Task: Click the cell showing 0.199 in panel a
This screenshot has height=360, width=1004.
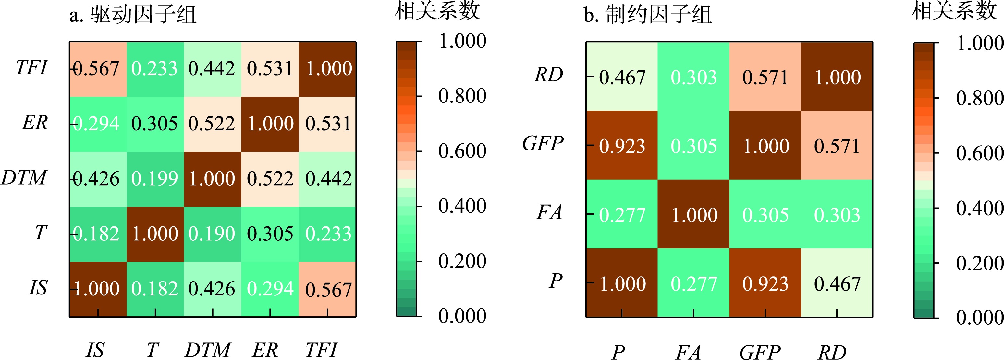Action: click(155, 179)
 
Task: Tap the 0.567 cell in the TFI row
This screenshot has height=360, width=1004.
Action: click(98, 69)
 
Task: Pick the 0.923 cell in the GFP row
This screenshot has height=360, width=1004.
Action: click(622, 146)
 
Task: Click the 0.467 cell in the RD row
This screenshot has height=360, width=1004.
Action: click(622, 77)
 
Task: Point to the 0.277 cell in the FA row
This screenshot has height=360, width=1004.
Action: click(622, 215)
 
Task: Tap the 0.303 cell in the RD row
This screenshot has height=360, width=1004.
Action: click(693, 77)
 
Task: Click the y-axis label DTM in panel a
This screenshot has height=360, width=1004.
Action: click(24, 178)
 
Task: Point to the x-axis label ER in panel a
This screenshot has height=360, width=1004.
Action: click(265, 350)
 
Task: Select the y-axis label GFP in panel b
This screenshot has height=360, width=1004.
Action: click(543, 143)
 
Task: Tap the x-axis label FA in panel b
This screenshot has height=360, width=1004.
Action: click(688, 352)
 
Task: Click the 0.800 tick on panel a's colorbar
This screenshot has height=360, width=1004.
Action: click(462, 96)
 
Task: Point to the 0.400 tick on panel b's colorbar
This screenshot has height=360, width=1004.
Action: click(979, 208)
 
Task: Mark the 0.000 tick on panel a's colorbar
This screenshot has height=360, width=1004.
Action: click(462, 316)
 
